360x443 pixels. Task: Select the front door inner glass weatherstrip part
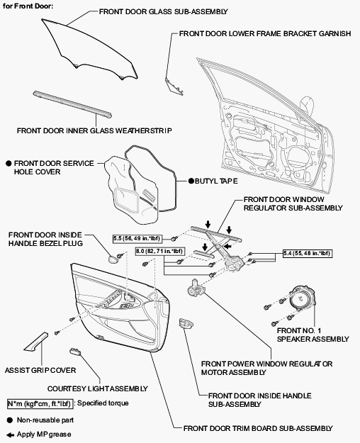[x=72, y=104]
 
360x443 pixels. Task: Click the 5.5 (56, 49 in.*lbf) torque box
[x=137, y=239]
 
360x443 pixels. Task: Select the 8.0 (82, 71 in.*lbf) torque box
[x=160, y=251]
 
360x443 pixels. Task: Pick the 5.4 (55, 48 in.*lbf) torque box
[x=307, y=253]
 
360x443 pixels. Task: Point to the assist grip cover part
[x=36, y=342]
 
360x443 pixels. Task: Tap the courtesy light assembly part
[x=75, y=351]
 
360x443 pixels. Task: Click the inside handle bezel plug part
[x=113, y=259]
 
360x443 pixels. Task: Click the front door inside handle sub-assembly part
[x=186, y=323]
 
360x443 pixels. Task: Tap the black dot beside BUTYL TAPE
[x=191, y=181]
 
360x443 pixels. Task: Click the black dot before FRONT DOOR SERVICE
[x=9, y=163]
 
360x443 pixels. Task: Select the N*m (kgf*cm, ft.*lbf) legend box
[x=40, y=404]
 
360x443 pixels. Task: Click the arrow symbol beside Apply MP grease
[x=10, y=434]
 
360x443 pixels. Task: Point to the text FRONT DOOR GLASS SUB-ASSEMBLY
[x=163, y=11]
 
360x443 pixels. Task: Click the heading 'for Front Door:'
[x=28, y=6]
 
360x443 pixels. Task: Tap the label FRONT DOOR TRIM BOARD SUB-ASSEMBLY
[x=258, y=429]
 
